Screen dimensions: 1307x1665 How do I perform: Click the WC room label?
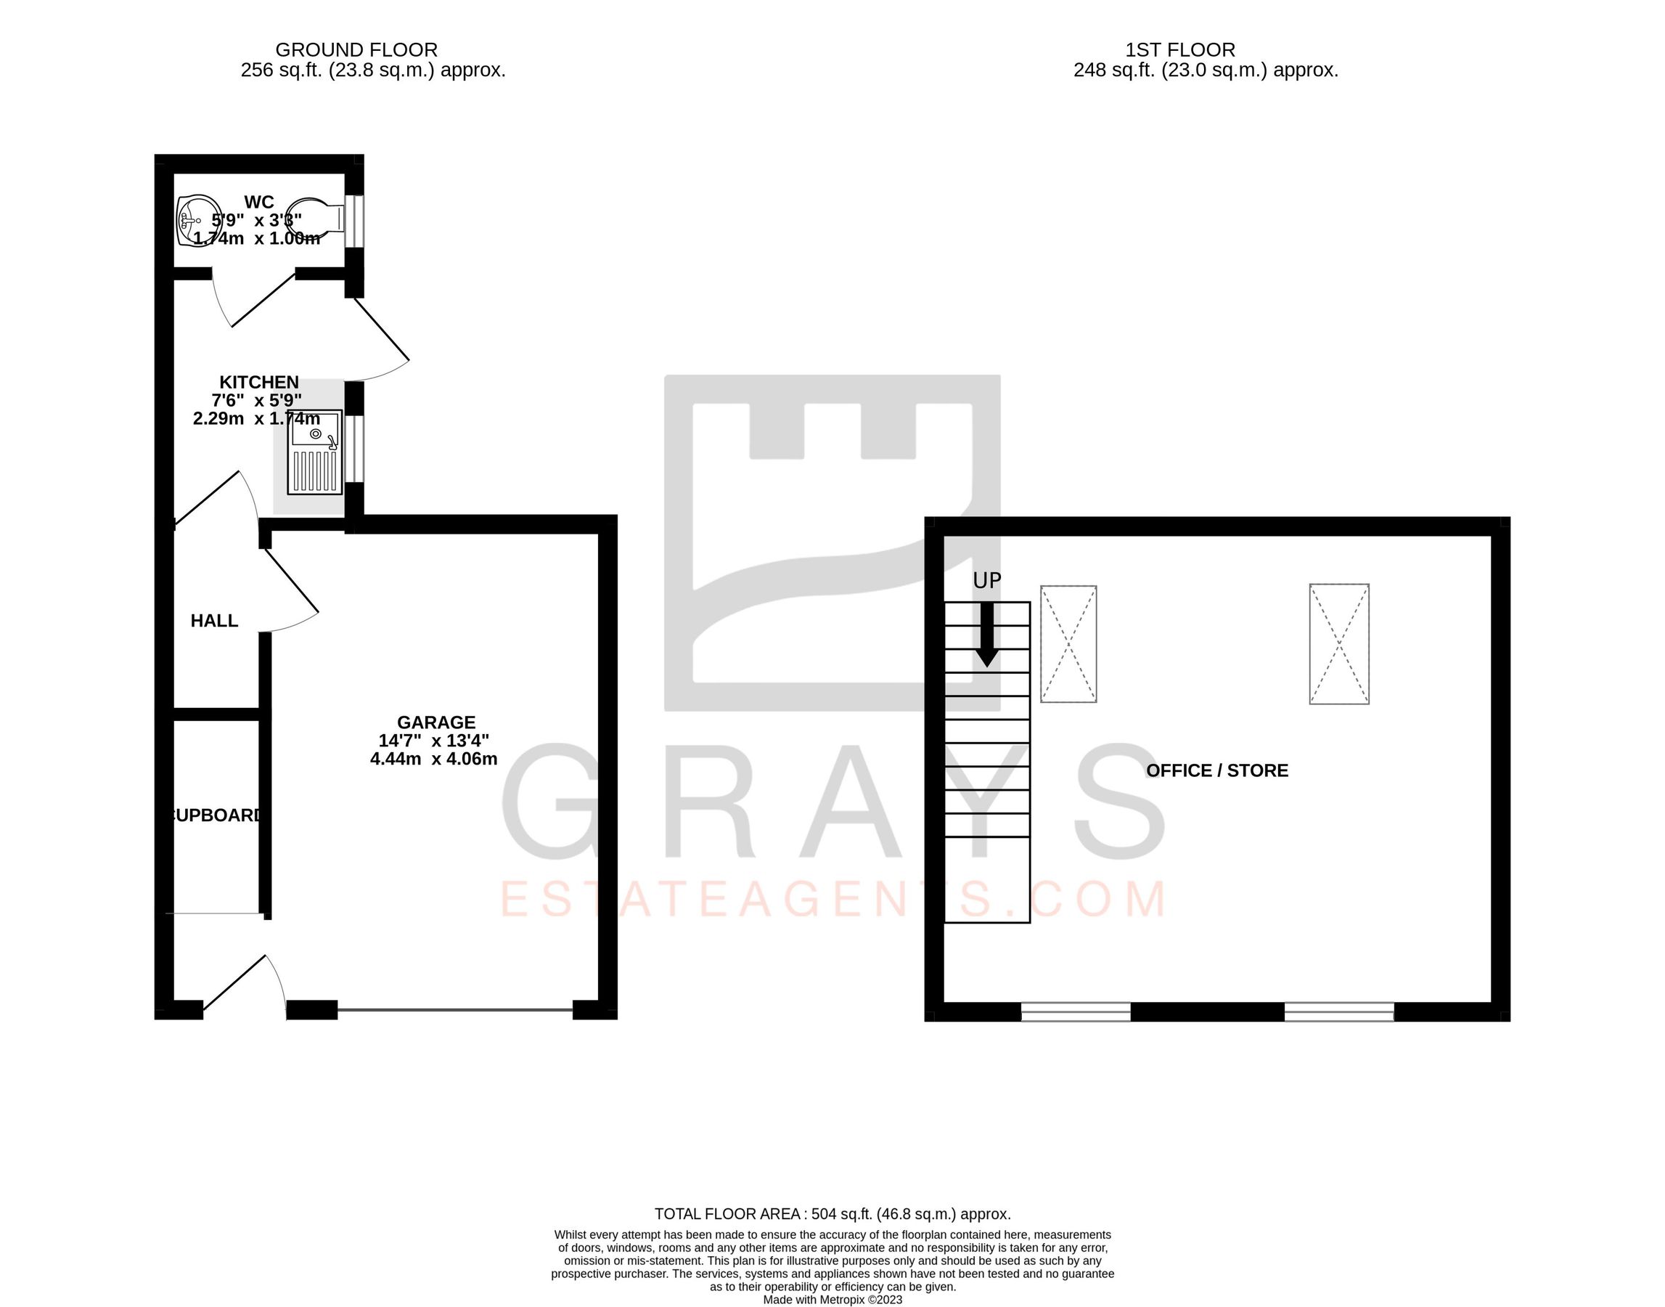tap(258, 202)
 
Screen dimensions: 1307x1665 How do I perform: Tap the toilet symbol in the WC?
tap(316, 219)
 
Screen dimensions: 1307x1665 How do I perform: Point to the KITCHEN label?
tap(258, 382)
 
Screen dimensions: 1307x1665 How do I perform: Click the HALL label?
tap(214, 621)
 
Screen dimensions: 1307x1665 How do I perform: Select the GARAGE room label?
tap(436, 722)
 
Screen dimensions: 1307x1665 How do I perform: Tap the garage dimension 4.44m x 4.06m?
tap(433, 759)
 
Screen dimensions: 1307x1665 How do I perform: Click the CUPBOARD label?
tap(216, 815)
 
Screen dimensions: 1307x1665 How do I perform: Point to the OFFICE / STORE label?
tap(1217, 770)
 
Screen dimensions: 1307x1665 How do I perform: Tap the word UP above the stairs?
tap(986, 582)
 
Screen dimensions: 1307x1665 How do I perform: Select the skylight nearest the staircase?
tap(1068, 644)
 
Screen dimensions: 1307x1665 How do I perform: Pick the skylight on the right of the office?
tap(1338, 644)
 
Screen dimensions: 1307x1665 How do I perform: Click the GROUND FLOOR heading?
tap(356, 50)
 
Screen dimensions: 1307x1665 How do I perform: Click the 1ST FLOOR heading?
tap(1180, 50)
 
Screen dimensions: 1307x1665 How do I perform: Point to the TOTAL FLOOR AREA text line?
tap(832, 1214)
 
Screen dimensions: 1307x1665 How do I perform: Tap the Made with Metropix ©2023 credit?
tap(832, 1299)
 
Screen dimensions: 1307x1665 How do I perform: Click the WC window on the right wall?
tap(353, 222)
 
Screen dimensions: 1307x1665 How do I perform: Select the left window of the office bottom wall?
tap(1076, 1011)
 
